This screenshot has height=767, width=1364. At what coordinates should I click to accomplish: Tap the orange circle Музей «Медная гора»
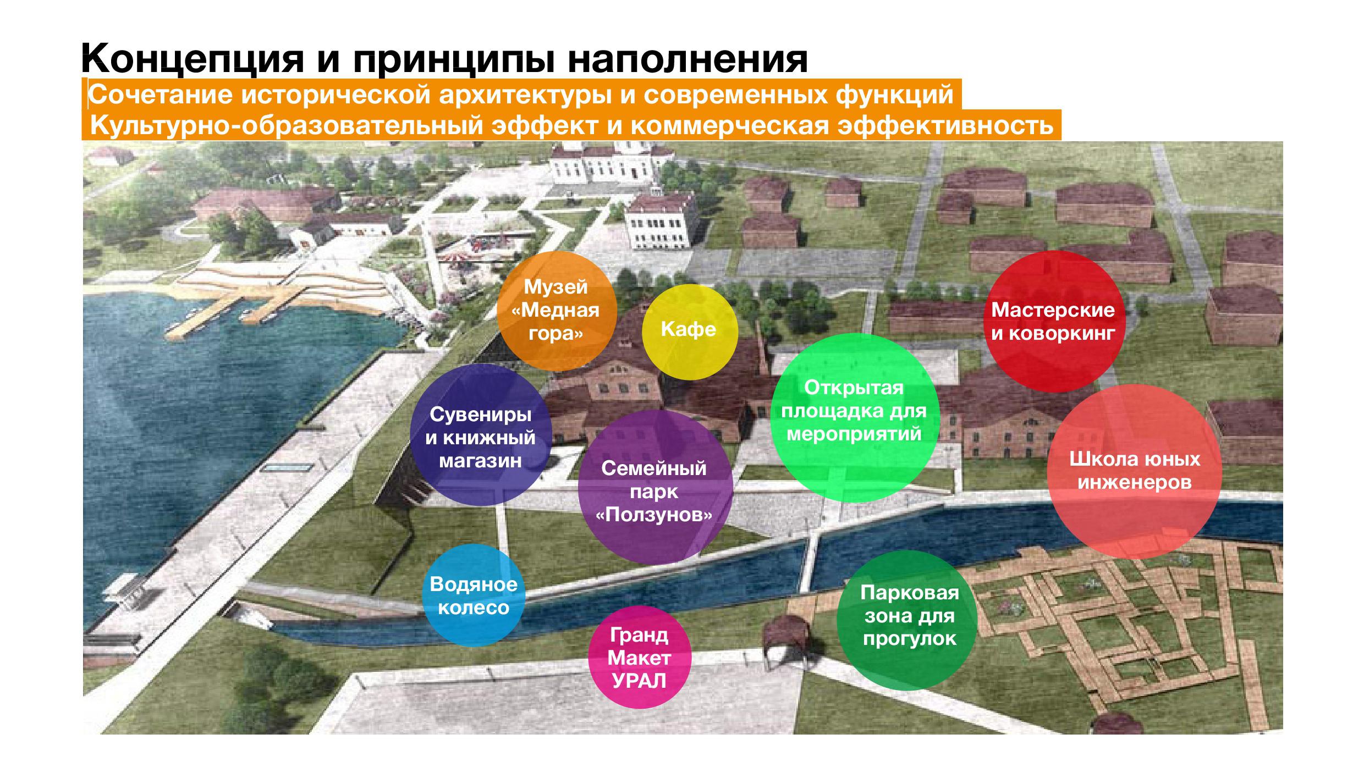click(x=556, y=311)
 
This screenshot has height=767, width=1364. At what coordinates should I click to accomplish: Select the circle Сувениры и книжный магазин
click(x=481, y=435)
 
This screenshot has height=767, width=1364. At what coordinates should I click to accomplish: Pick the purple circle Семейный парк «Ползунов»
click(x=655, y=490)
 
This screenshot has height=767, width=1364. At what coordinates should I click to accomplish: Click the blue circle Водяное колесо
click(x=474, y=595)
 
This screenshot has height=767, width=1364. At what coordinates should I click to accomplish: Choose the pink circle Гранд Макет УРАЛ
click(x=639, y=658)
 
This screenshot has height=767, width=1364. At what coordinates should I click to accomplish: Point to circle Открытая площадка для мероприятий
click(x=854, y=417)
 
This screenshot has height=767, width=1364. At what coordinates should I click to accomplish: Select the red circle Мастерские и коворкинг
click(x=1053, y=322)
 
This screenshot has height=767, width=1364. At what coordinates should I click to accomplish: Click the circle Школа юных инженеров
click(x=1135, y=471)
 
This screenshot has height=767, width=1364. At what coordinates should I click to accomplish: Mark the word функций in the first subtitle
click(x=894, y=96)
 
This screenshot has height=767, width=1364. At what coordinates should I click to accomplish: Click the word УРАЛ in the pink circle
click(x=639, y=681)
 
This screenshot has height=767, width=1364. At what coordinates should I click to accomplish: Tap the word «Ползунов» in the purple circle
click(x=655, y=515)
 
